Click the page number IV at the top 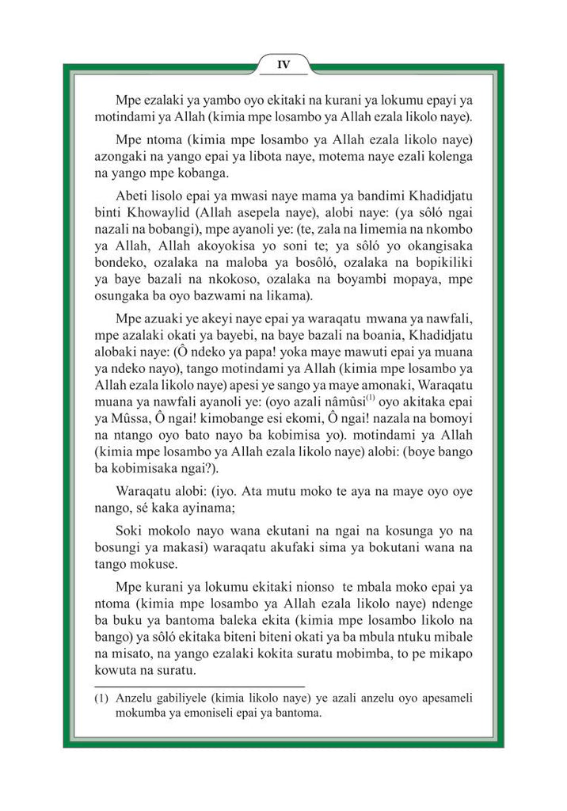click(x=283, y=65)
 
